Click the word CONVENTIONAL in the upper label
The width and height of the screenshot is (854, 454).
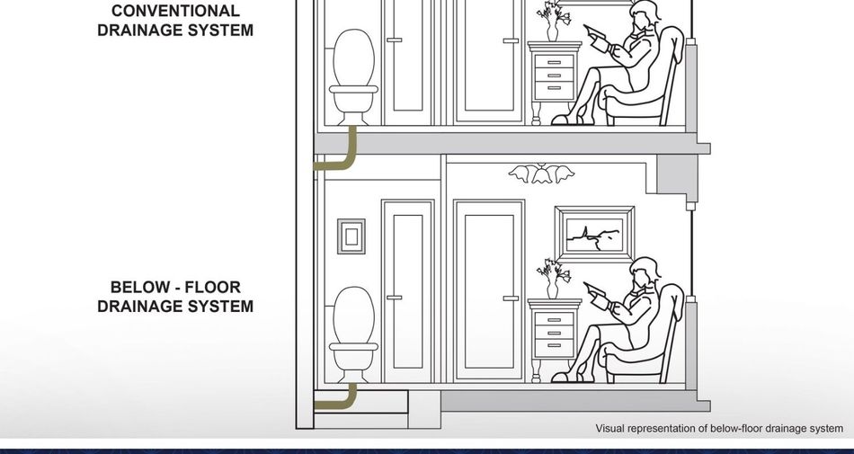[175, 11]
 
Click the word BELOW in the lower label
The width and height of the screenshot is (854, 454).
[136, 287]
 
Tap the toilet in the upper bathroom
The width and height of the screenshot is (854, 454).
[353, 77]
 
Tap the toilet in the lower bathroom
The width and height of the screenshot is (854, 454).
[353, 334]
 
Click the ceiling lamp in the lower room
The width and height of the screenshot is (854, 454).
[541, 174]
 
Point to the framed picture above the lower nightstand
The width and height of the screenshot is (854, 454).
[594, 234]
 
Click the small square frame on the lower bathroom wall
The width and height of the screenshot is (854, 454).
[351, 236]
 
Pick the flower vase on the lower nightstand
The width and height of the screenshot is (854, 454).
[552, 279]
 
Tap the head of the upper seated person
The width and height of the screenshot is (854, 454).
[645, 13]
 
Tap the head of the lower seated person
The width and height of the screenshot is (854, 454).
[645, 271]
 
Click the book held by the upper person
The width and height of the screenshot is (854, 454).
[596, 37]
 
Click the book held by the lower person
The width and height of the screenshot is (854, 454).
[596, 295]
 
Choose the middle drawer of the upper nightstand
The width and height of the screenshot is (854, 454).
[555, 76]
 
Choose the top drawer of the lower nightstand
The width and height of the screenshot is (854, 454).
[555, 319]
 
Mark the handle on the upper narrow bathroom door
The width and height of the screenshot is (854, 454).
[395, 40]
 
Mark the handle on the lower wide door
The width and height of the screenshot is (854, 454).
[511, 298]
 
